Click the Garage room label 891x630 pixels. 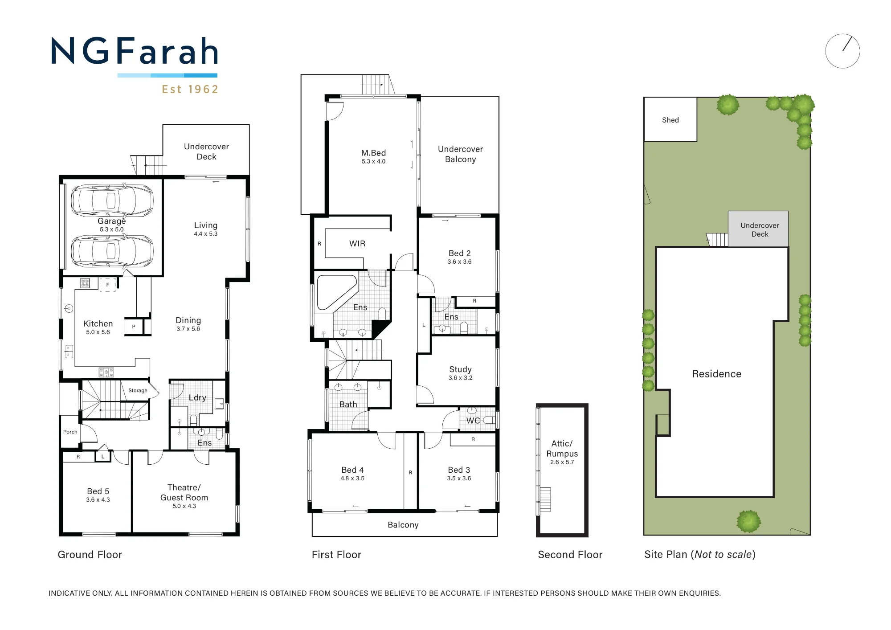tap(112, 221)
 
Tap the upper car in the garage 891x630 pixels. tap(112, 200)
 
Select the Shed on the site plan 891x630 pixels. tap(670, 119)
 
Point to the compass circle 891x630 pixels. tap(842, 51)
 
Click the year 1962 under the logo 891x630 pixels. tap(203, 90)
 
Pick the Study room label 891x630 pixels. tap(460, 369)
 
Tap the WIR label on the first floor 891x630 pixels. tap(357, 244)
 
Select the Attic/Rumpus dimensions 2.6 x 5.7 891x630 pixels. tap(562, 462)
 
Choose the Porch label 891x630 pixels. tap(70, 432)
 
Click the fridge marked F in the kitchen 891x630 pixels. tap(107, 284)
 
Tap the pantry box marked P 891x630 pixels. tap(134, 327)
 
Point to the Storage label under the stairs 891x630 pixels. tap(138, 390)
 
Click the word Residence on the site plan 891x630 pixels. tap(717, 374)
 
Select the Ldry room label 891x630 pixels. tap(197, 398)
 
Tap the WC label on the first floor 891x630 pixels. tap(473, 420)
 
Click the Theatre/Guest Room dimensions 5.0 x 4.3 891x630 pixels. tap(184, 506)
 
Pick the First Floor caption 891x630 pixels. tap(336, 555)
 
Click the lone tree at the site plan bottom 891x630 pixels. tap(748, 521)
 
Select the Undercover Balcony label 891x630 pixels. tap(460, 154)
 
